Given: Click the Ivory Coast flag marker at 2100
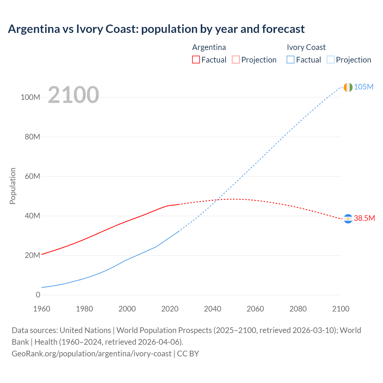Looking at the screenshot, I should (x=348, y=87).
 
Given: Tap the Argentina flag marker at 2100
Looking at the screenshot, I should (x=348, y=219).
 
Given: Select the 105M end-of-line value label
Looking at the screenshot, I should (x=364, y=87).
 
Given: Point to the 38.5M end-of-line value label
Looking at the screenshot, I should (x=364, y=218).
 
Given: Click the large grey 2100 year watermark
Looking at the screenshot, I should (x=73, y=95).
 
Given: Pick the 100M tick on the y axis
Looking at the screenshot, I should (x=30, y=97).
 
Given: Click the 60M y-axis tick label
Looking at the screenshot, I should (x=32, y=176).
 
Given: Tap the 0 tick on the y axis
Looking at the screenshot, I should (x=38, y=295).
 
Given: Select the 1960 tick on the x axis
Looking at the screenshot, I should (x=42, y=309).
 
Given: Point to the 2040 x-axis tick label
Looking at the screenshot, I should (x=212, y=309).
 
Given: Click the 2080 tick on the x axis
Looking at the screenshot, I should (x=298, y=309).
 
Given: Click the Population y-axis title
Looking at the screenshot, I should (x=13, y=186).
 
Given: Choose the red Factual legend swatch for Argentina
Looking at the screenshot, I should (x=196, y=60).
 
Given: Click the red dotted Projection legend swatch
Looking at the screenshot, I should (x=236, y=60).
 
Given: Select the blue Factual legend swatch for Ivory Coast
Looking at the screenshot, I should (x=291, y=60).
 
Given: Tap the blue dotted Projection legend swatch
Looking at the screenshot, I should (x=330, y=60).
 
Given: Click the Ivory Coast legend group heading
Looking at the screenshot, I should (x=306, y=47).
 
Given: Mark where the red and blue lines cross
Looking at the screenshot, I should (x=218, y=200).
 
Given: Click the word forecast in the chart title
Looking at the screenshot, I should (x=283, y=29).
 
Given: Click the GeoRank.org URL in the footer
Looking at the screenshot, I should (x=92, y=353).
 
